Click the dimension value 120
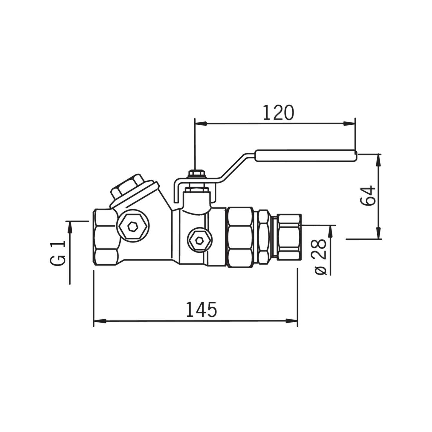pos(278,113)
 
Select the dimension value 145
pos(201,310)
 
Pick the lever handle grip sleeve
pos(306,156)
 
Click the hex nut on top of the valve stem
pos(196,173)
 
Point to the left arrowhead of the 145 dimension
pos(99,321)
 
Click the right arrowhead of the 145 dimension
pos(292,321)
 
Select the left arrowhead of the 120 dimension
pos(201,123)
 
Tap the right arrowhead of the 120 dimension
pos(349,123)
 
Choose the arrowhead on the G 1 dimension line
pos(70,227)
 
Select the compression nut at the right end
pos(289,237)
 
